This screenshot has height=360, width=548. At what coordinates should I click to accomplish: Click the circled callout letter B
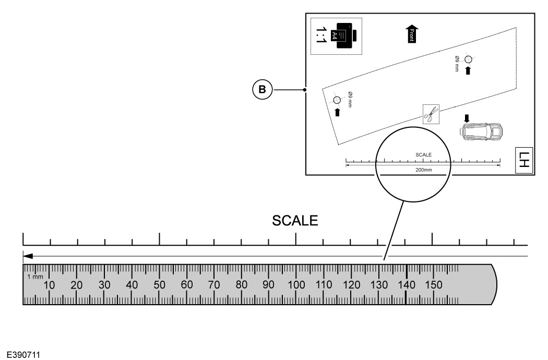[262, 89]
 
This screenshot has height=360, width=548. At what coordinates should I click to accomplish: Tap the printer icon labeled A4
[343, 36]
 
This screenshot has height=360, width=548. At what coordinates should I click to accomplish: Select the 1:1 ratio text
[320, 35]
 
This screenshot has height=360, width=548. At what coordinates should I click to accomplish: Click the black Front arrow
[412, 34]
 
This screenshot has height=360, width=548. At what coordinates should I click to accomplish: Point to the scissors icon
[431, 114]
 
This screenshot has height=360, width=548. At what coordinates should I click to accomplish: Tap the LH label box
[524, 160]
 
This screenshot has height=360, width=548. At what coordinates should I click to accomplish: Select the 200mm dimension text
[424, 170]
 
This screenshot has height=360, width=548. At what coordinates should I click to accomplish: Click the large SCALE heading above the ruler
[295, 221]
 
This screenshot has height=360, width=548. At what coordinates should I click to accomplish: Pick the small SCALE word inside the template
[424, 154]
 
